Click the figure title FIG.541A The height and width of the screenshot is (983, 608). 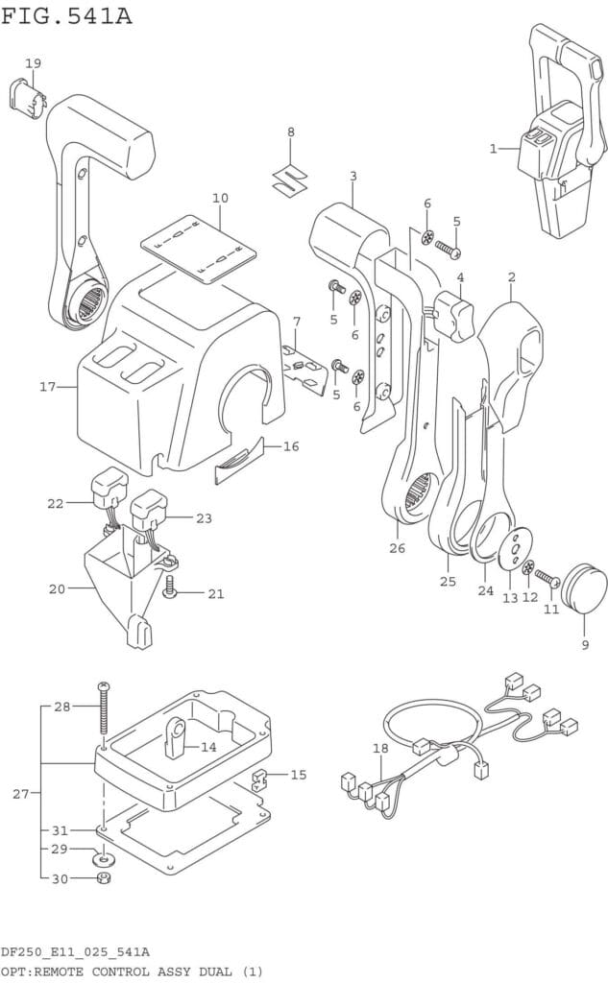pyautogui.click(x=66, y=15)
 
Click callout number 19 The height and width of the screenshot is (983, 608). pyautogui.click(x=34, y=63)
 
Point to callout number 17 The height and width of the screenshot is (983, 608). pyautogui.click(x=48, y=387)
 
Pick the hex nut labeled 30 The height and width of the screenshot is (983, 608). pyautogui.click(x=104, y=878)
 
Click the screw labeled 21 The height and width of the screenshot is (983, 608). pyautogui.click(x=169, y=588)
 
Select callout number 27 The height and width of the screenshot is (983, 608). pyautogui.click(x=21, y=794)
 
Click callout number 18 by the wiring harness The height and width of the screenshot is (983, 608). pyautogui.click(x=380, y=748)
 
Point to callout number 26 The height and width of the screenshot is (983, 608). pyautogui.click(x=398, y=548)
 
